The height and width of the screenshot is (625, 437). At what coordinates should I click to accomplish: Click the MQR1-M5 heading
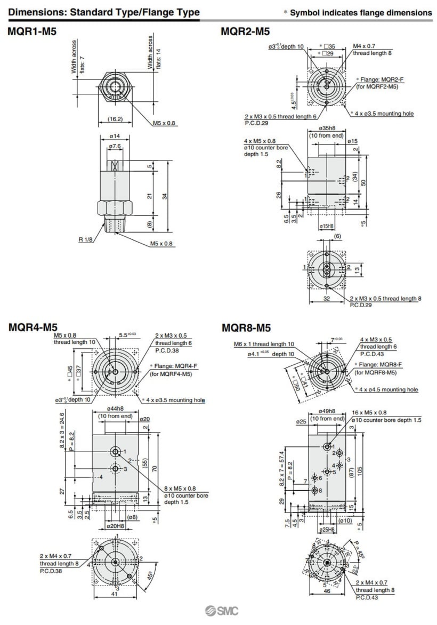click(32, 32)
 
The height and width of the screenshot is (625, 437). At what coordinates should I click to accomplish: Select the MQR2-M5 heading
click(245, 32)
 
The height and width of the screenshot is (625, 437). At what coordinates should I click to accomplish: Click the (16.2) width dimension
click(115, 119)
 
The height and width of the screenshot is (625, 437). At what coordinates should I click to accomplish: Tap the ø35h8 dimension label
click(326, 129)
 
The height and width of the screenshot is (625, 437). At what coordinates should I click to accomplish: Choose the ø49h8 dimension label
click(334, 411)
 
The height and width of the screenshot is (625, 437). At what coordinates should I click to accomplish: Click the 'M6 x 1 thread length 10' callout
click(264, 344)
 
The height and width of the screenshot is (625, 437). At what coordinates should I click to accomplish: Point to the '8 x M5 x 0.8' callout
click(180, 488)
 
